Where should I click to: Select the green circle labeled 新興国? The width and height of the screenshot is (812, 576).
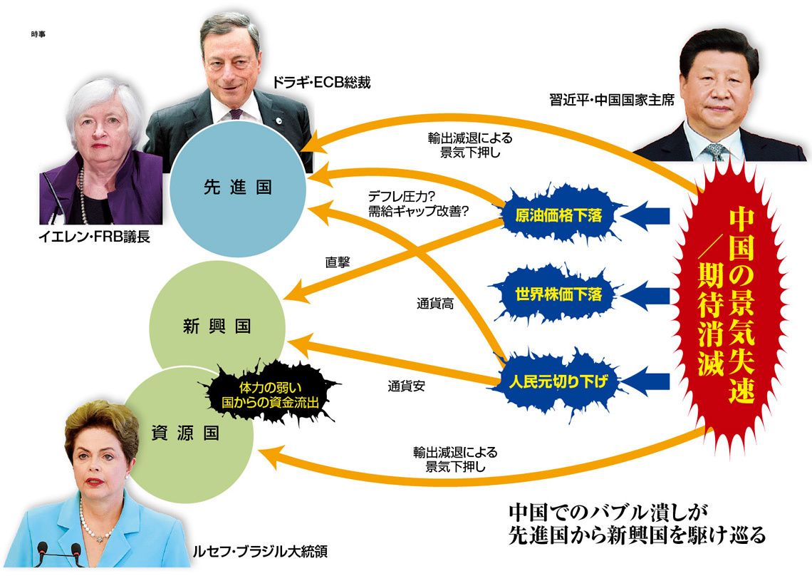click(x=217, y=326)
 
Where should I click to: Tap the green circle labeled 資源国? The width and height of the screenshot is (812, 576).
click(x=187, y=432)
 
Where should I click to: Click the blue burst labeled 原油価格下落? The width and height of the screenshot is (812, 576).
click(x=559, y=215)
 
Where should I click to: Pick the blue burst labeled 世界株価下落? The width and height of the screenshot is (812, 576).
click(x=559, y=293)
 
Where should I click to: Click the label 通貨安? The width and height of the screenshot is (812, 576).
click(x=407, y=387)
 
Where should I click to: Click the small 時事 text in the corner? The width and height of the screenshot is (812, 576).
click(x=38, y=34)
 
